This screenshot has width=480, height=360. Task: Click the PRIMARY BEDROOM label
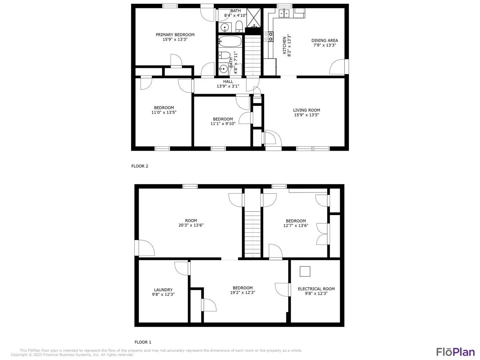(x=175, y=35)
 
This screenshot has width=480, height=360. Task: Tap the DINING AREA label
(x=325, y=40)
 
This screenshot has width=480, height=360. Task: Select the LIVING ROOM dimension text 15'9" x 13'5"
(x=306, y=115)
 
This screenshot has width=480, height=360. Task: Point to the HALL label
(x=228, y=82)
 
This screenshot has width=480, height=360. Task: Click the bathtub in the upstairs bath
(x=230, y=42)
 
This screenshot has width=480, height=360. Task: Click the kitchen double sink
(x=284, y=13)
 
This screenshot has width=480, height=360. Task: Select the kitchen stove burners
(x=269, y=37)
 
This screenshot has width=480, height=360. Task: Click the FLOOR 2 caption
(x=140, y=166)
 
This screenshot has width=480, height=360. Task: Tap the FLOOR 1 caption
(x=143, y=342)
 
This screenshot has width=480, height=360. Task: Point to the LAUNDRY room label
(x=163, y=290)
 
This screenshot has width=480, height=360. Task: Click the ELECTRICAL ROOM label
(x=316, y=289)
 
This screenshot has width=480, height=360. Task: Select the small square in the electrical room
(x=305, y=271)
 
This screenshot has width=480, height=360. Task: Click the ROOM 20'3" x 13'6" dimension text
(x=191, y=225)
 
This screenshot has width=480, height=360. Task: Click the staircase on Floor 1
(x=253, y=234)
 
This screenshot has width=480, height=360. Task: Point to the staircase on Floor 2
(x=253, y=55)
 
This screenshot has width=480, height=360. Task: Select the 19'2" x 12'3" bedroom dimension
(x=243, y=292)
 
